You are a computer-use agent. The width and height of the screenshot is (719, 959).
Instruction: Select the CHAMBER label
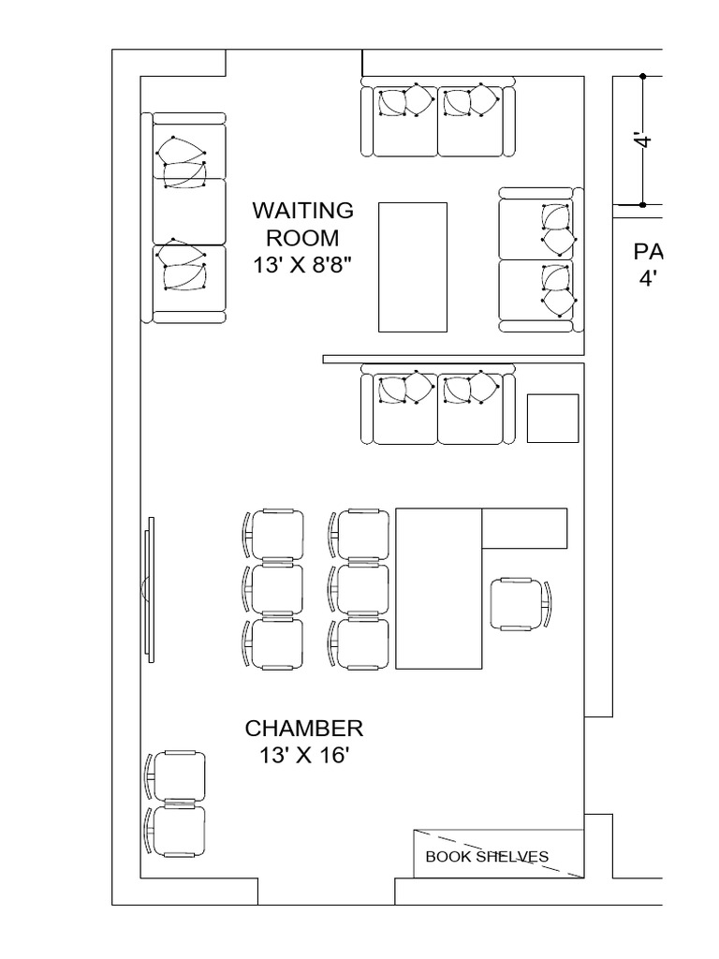point(303,729)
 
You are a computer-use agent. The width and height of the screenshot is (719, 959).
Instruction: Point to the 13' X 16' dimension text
point(303,757)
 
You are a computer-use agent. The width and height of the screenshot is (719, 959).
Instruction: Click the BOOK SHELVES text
point(487,856)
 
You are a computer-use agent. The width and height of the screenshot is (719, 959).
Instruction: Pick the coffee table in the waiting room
point(412,266)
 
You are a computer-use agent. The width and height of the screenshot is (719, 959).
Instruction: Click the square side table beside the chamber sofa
point(552,418)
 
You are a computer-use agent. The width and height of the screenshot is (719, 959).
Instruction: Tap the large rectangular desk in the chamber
point(438,588)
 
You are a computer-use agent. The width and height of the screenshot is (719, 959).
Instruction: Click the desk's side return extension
point(524,528)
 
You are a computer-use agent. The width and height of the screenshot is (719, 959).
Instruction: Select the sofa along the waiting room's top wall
point(438,119)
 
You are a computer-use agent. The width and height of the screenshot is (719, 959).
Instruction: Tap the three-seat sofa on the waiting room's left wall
point(187,217)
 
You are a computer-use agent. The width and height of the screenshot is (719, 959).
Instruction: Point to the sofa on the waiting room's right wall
point(538,258)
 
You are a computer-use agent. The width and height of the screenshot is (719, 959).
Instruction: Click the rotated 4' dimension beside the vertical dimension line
point(642,140)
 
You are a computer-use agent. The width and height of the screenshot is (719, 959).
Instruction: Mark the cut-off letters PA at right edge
point(648,252)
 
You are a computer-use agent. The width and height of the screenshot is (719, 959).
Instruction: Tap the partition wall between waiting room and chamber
point(453,359)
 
